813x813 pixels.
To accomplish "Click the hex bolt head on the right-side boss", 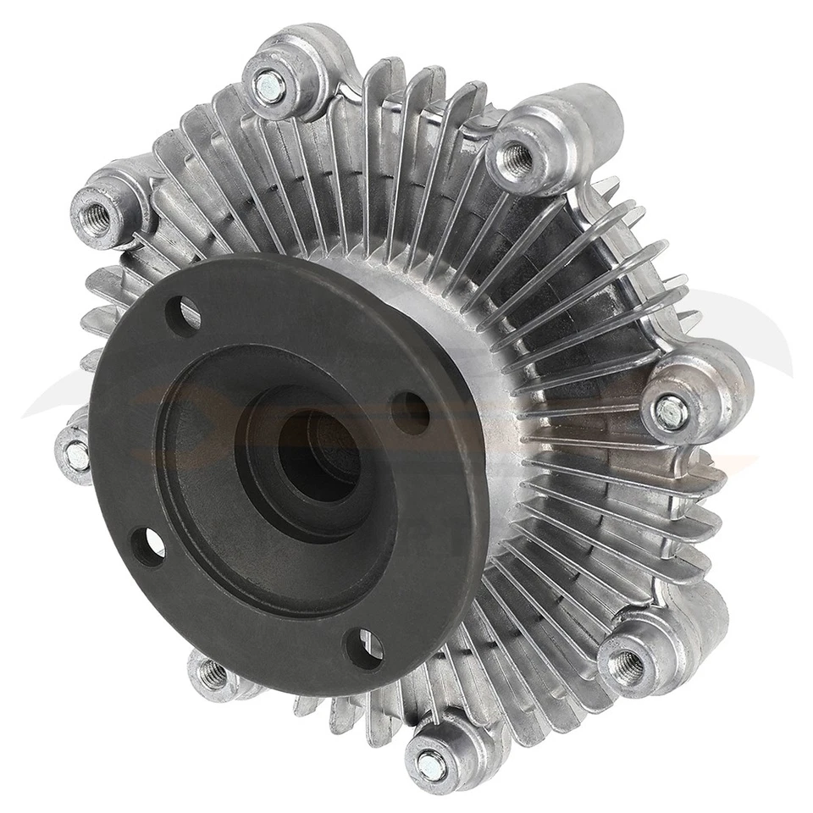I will (672, 412).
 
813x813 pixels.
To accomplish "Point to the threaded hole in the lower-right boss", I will (626, 666).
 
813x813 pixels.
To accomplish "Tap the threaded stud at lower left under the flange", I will (212, 674).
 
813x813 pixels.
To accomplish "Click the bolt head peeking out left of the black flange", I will (76, 456).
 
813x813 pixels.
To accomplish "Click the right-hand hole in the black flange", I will (412, 412).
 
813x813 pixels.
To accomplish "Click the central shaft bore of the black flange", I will (318, 457).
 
